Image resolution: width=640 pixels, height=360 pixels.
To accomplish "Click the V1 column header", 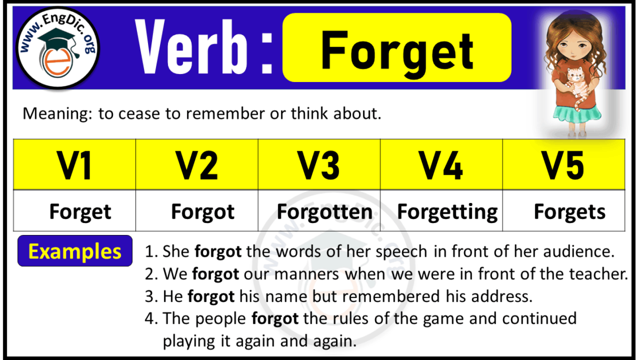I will coord(75,165).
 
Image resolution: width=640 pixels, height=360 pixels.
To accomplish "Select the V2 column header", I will coord(197,165).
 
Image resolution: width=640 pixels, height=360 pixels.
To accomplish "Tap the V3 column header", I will coord(319,165).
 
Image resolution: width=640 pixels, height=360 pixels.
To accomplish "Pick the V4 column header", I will coord(441,165).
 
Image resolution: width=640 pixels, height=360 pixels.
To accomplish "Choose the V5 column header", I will coord(563,165).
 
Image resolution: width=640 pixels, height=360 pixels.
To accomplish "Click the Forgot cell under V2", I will coord(202,212).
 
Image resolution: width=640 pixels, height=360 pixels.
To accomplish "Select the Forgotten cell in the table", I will coord(325,212).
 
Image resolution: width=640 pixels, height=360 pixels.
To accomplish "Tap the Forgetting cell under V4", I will coord(447,212).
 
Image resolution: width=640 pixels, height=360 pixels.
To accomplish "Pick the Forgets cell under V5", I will coord(569,212).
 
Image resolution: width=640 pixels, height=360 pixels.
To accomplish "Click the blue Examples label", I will coord(75,251).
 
